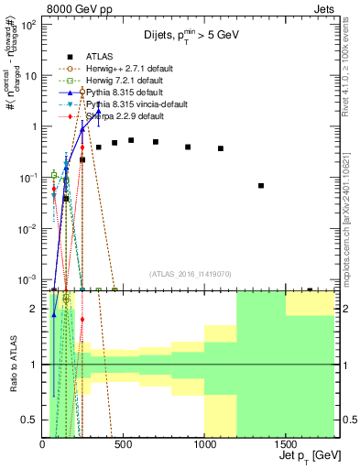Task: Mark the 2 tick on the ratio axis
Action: tap(33, 310)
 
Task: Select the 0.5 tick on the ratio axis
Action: tap(30, 420)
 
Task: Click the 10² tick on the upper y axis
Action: tap(29, 25)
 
